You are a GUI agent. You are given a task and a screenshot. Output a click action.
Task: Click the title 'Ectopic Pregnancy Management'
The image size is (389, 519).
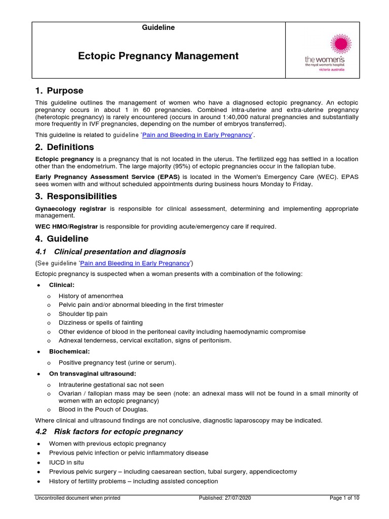158,56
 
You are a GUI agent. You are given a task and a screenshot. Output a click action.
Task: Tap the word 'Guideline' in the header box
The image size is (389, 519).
158,28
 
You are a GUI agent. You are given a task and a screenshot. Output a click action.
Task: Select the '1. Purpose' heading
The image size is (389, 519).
59,91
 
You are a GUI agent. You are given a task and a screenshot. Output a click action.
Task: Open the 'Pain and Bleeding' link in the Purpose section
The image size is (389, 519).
197,135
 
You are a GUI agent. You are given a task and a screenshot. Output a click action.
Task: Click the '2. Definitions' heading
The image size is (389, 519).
64,147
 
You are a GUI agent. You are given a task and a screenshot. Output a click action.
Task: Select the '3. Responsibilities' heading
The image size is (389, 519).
76,196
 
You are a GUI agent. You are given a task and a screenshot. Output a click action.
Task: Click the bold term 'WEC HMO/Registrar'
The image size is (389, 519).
66,227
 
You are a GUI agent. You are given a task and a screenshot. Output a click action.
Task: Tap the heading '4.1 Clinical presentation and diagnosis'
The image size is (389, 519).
110,252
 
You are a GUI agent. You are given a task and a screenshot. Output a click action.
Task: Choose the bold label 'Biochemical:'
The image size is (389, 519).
69,351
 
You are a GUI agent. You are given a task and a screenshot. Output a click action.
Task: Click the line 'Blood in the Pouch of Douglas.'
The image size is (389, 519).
103,410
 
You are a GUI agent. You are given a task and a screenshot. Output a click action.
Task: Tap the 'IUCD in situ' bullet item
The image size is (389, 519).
66,462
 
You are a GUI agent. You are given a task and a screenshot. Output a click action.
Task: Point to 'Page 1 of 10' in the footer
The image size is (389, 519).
344,498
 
